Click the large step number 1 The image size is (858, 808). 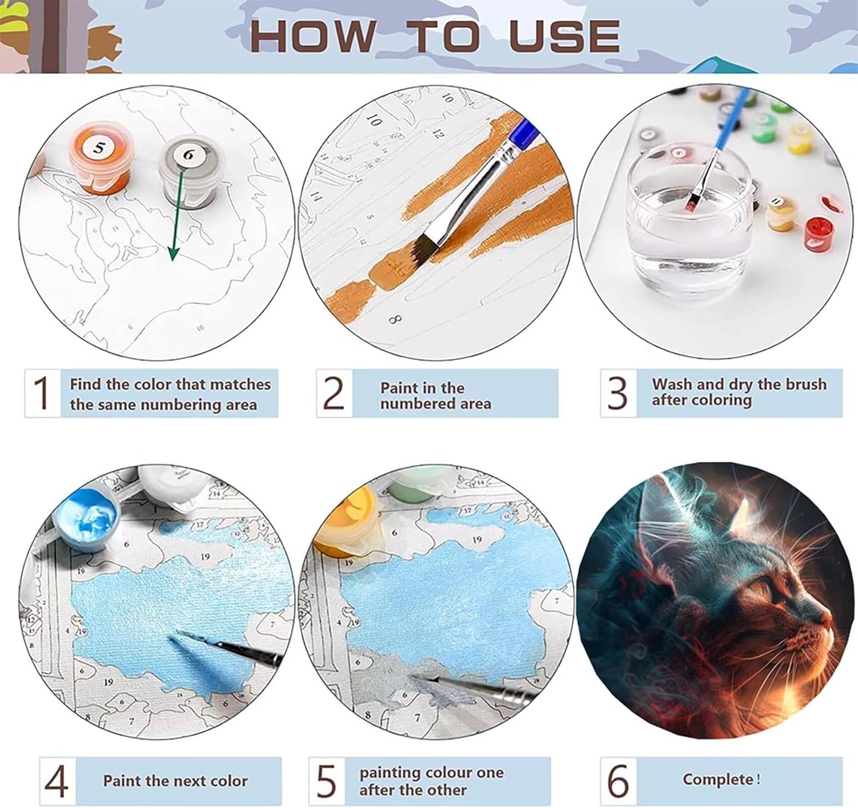(42, 393)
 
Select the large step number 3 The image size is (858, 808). (617, 393)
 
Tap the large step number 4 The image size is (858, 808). (57, 780)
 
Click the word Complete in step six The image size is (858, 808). (718, 779)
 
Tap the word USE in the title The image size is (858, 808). (565, 36)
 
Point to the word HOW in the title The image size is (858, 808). (313, 36)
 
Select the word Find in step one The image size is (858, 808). (86, 384)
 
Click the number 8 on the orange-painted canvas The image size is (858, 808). (395, 319)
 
